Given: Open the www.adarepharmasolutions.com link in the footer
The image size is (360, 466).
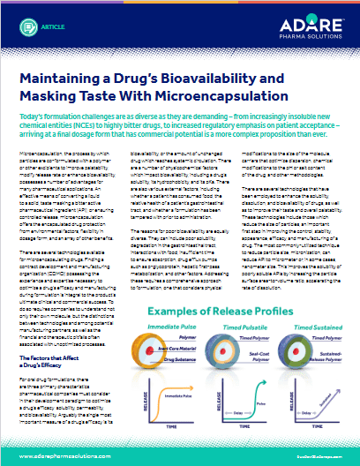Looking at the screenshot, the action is tap(64, 451).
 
